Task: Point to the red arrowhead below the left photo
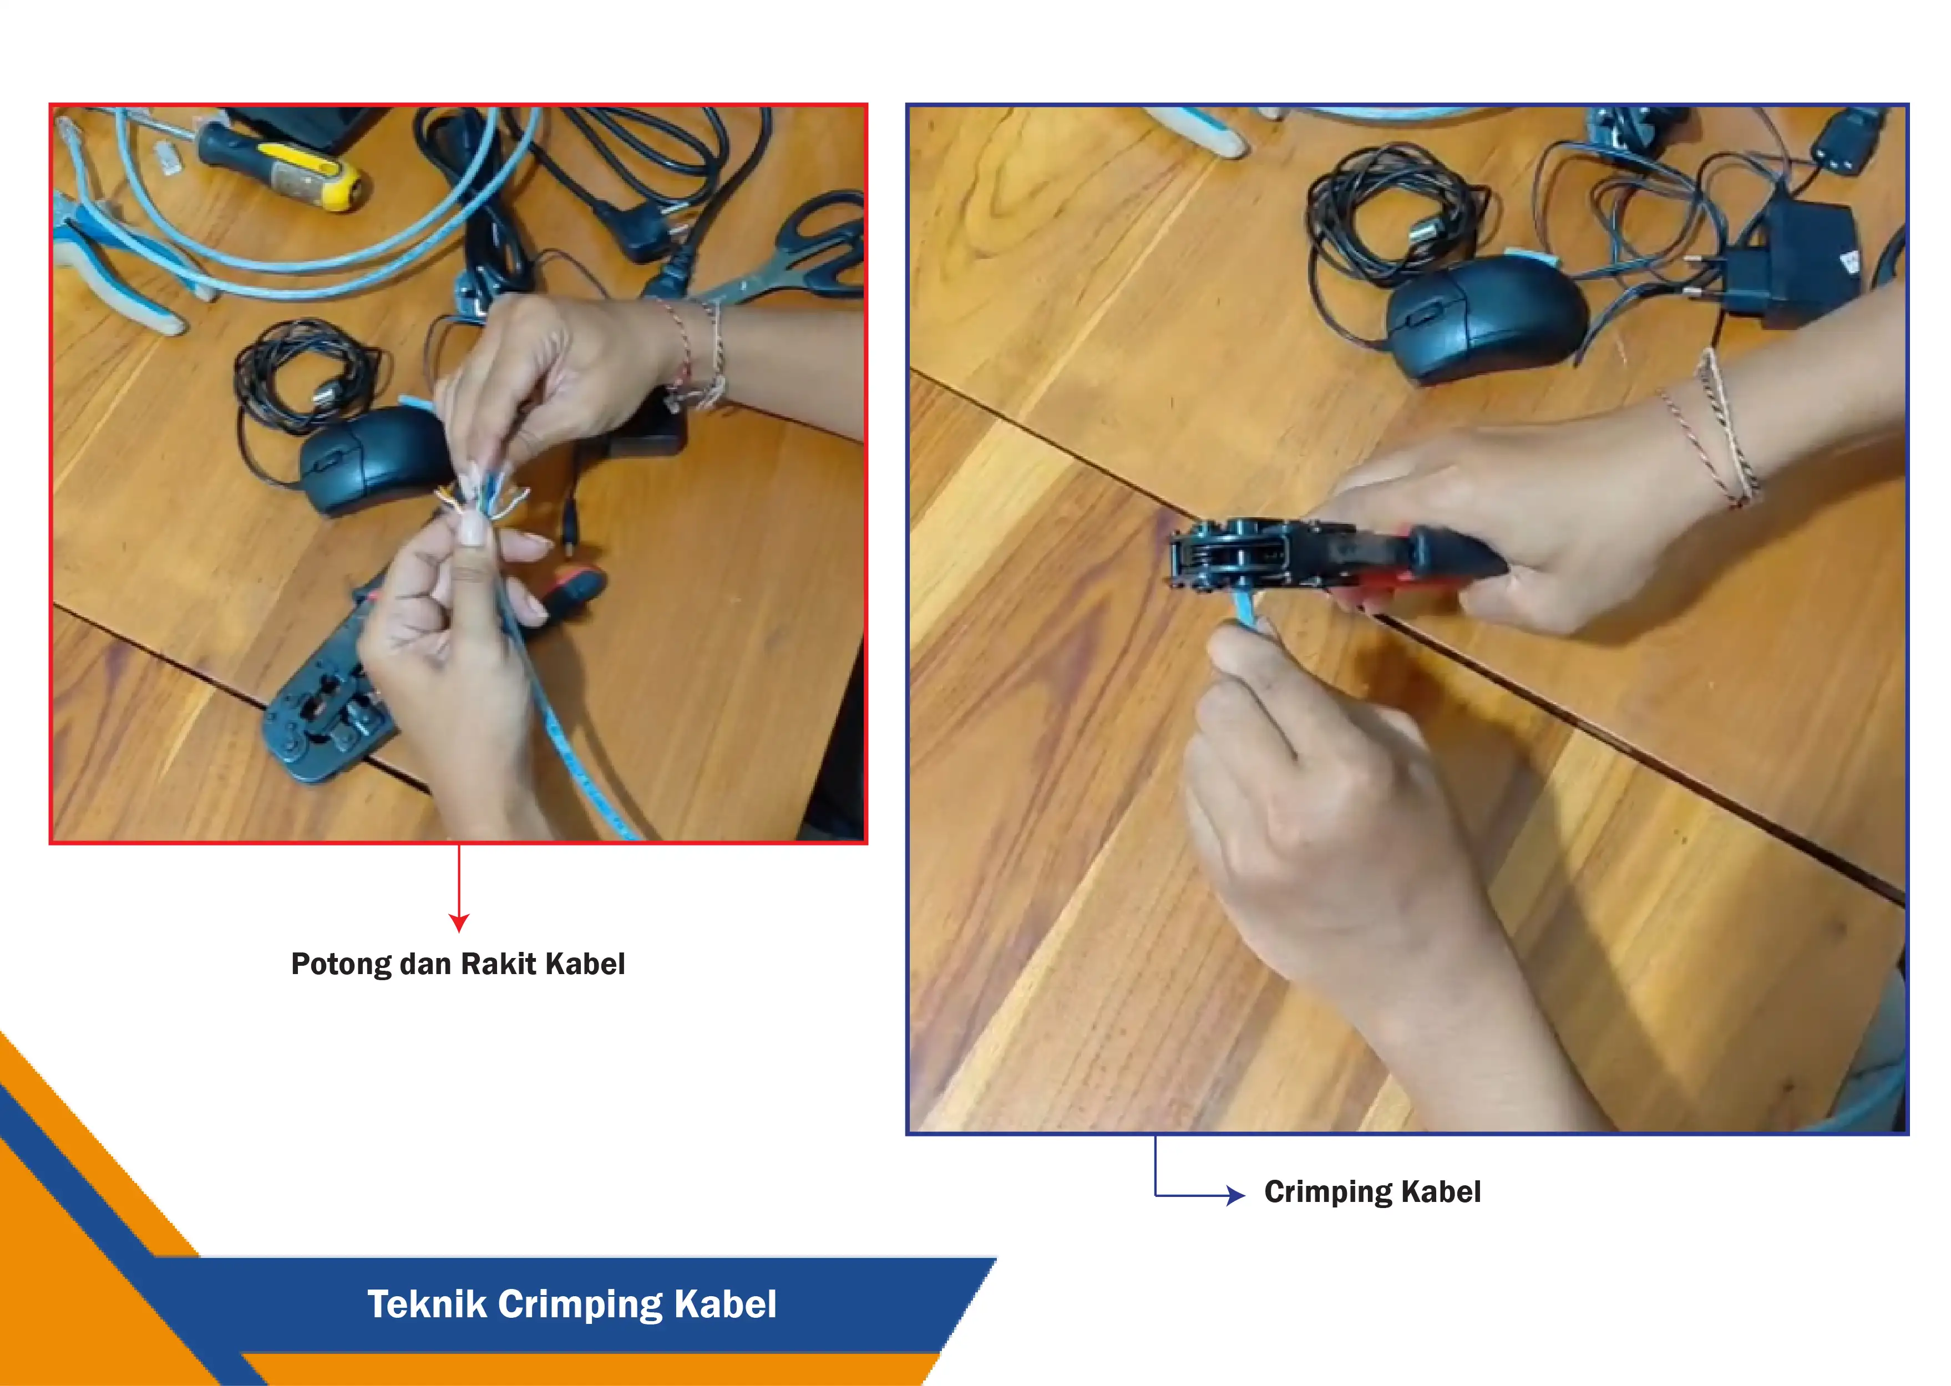coord(459,923)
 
